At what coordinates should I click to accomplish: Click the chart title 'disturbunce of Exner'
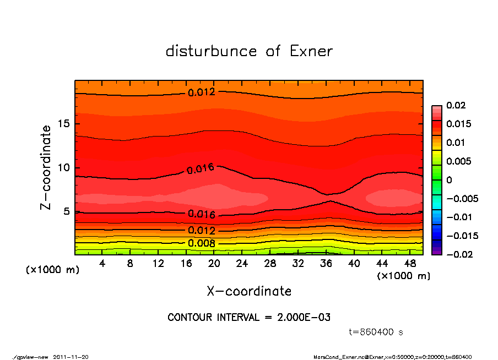click(x=249, y=51)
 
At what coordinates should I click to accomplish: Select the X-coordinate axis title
click(x=249, y=291)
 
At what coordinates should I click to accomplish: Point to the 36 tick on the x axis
click(x=326, y=263)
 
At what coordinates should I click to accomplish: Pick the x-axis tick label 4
click(x=102, y=263)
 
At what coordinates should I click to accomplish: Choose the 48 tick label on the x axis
click(x=410, y=263)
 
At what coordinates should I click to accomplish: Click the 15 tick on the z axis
click(x=64, y=124)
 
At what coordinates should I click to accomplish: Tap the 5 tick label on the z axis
click(x=67, y=211)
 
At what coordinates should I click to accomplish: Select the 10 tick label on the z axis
click(x=64, y=167)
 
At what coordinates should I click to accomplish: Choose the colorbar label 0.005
click(x=458, y=161)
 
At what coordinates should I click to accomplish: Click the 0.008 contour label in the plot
click(x=201, y=243)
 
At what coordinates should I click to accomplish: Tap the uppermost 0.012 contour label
click(x=201, y=92)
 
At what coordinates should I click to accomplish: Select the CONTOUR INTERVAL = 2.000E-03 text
click(x=249, y=318)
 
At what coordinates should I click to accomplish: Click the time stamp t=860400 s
click(x=376, y=332)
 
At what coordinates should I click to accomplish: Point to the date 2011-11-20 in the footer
click(x=71, y=357)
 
